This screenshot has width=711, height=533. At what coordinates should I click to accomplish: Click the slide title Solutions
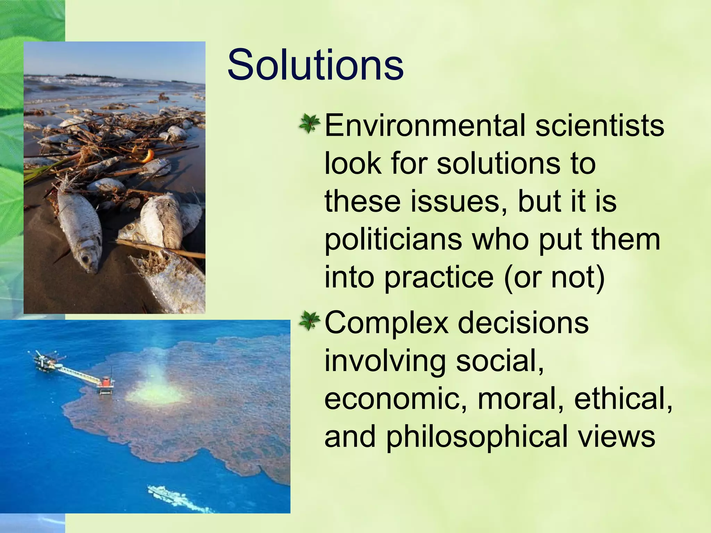[315, 65]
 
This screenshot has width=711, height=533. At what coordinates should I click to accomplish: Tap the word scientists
[600, 125]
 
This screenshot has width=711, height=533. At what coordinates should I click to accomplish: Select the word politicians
[393, 239]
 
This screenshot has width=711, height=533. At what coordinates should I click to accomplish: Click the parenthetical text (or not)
[554, 277]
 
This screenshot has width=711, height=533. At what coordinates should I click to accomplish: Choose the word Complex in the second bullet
[386, 323]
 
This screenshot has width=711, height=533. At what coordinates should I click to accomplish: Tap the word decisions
[523, 322]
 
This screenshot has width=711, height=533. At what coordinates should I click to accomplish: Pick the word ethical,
[623, 399]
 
